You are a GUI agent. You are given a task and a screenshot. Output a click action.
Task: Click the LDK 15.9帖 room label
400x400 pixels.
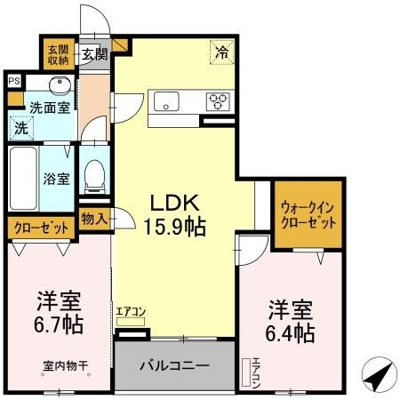click(175, 212)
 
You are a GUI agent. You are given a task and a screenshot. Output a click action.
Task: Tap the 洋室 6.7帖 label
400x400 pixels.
click(60, 310)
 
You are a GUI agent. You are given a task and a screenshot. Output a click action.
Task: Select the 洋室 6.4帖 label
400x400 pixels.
click(292, 321)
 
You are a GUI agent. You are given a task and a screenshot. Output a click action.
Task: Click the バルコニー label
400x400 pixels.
click(175, 366)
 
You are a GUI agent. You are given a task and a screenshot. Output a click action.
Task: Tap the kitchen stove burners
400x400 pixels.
click(219, 100)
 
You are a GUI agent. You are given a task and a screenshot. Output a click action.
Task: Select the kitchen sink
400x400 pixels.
click(165, 100)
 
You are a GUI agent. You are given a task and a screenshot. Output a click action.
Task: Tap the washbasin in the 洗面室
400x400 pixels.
click(58, 87)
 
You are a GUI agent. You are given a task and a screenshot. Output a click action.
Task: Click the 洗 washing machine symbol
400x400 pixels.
click(20, 127)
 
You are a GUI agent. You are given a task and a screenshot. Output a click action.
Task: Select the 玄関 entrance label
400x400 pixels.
click(94, 54)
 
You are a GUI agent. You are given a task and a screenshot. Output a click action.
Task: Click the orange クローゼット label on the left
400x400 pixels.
click(42, 228)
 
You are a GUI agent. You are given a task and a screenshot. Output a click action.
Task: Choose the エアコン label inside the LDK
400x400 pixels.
click(130, 310)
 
